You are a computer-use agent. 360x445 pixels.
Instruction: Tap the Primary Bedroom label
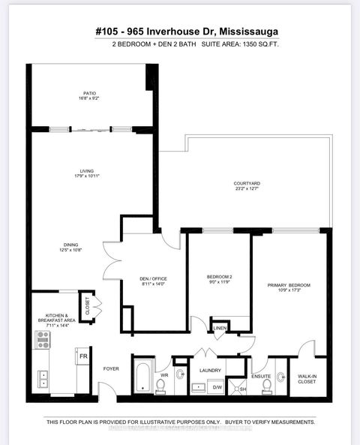(289, 287)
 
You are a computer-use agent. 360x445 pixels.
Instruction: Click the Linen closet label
(220, 328)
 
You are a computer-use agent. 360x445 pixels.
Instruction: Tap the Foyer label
(110, 368)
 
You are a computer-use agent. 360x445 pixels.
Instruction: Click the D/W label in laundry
(218, 387)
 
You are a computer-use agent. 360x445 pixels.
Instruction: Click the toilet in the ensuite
(281, 377)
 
